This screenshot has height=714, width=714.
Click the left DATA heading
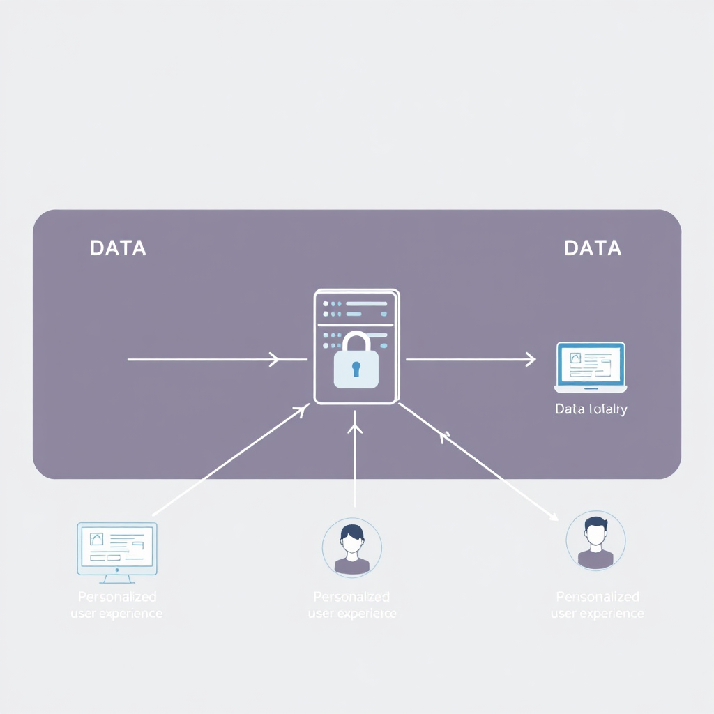point(118,248)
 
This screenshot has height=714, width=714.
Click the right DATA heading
point(593,248)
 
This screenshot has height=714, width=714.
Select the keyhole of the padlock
point(356,368)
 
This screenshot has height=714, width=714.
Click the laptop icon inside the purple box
point(591,367)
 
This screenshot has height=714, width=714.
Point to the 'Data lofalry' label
point(591,409)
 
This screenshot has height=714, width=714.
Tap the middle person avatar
point(351,547)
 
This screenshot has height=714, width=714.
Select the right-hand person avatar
point(595,540)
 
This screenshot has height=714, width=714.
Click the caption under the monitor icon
point(117,605)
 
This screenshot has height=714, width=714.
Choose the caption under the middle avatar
point(351,605)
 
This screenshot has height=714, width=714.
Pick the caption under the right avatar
point(597,605)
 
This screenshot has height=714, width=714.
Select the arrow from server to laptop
point(471,360)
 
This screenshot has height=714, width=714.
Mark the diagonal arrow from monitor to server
point(230,460)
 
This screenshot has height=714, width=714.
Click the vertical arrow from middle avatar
point(356,460)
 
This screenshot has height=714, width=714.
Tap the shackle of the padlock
point(356,342)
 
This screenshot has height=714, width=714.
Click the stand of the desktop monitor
point(117,578)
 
